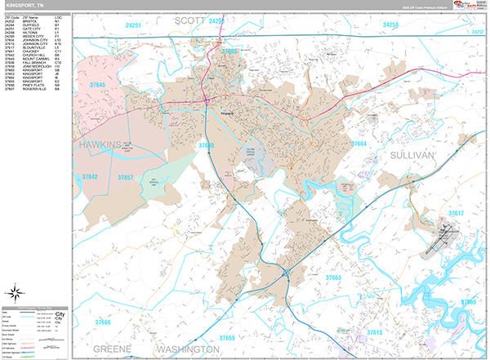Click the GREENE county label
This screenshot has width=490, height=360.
[x=111, y=349]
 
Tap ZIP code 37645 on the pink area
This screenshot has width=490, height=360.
[x=99, y=85]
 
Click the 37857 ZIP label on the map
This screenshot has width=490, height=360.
[x=126, y=177]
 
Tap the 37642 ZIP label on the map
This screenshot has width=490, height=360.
[x=90, y=176]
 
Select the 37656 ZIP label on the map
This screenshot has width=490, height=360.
[x=102, y=322]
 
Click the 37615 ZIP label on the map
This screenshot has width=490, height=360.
[x=374, y=332]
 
